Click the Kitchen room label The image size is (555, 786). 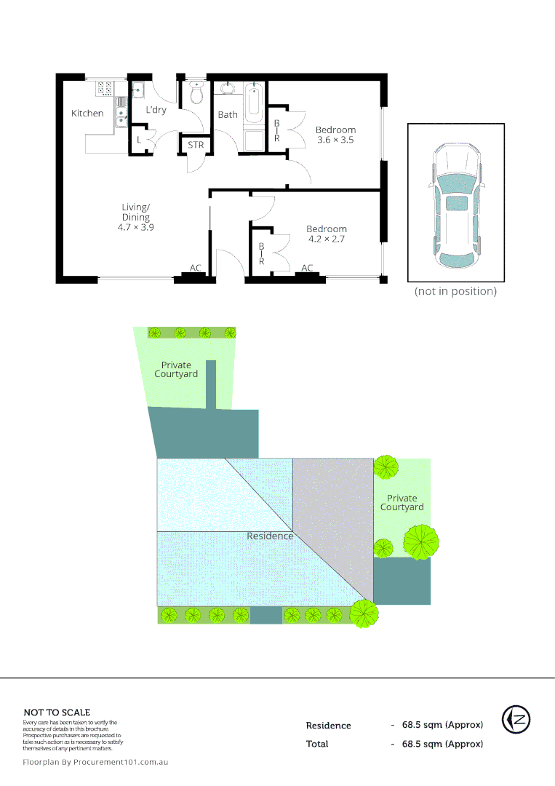coord(87,114)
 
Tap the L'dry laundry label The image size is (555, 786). coord(156,111)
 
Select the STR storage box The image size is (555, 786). coord(196,146)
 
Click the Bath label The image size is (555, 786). coord(228,115)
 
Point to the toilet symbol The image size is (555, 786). coord(196,93)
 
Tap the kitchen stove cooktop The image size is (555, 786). coord(105,88)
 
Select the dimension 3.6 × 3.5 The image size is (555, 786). coord(335,140)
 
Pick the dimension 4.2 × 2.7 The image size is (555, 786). coord(327,239)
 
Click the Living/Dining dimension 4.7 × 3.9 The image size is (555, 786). coord(136,227)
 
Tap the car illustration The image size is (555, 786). coord(455,207)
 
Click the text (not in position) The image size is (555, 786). coord(455,291)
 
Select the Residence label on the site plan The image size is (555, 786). coord(270,536)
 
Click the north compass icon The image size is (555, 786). coord(516,720)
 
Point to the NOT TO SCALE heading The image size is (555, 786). coord(57,712)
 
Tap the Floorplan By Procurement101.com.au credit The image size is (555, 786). coord(96,762)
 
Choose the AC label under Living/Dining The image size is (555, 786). coord(195,269)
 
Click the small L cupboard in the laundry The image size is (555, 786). coord(139,139)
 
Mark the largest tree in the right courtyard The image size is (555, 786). coord(421,542)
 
